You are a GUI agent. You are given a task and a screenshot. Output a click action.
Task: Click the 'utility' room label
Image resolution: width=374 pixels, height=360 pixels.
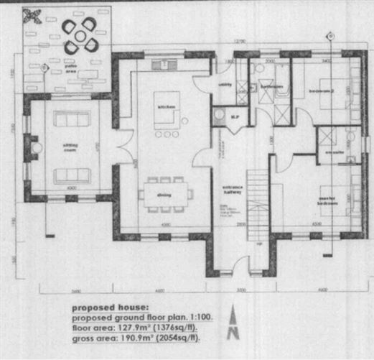pos(225,84)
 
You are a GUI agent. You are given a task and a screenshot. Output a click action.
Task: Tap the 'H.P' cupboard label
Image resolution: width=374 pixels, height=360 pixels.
pos(234,117)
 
